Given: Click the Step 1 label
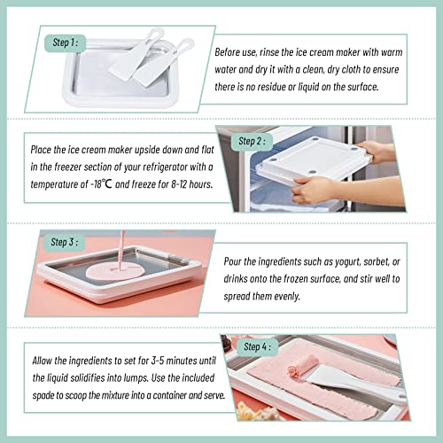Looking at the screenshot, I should [x=66, y=41].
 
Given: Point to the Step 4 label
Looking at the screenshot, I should [x=252, y=347].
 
